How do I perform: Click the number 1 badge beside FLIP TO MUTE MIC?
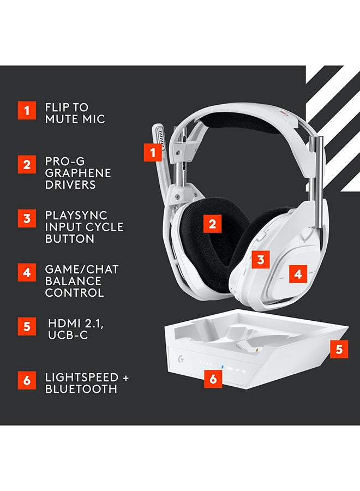point(26,111)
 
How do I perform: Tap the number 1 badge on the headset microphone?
point(153,152)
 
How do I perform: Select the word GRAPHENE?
point(78,173)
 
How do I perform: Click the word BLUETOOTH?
point(81,389)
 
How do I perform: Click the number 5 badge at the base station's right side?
point(339,349)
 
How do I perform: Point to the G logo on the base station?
point(179,361)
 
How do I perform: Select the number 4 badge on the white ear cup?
point(297,273)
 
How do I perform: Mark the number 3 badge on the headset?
point(261,260)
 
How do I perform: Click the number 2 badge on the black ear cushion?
point(212,223)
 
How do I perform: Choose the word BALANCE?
point(74,281)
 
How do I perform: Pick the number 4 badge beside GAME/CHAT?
point(26,272)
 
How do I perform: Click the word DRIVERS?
point(70,184)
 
